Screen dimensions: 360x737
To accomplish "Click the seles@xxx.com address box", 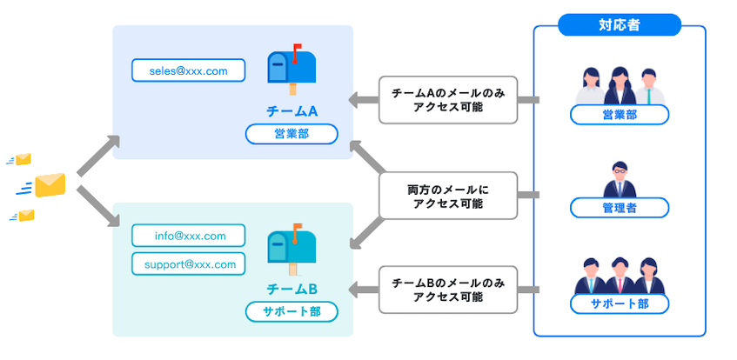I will pos(188,70).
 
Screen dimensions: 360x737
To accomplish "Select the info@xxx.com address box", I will pos(188,235).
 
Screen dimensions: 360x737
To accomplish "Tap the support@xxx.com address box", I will pos(188,263).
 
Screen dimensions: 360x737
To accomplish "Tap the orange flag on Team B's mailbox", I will pos(298,229).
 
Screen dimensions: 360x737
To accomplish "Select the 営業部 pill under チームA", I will pos(291,134).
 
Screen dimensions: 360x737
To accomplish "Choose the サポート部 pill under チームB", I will pos(291,311).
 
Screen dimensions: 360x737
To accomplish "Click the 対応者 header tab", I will pos(619,25).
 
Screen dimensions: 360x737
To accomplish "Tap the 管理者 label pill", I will pos(619,208).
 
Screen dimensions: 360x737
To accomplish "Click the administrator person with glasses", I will pos(619,179).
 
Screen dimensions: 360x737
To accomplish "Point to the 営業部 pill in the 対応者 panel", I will pos(619,114).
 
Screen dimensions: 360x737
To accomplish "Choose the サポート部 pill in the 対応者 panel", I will pos(619,304).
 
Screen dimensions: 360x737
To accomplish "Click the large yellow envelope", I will pos(50,185).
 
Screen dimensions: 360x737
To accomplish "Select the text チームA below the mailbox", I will pos(291,110).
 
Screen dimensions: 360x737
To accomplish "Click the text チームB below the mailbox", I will pos(291,289).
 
